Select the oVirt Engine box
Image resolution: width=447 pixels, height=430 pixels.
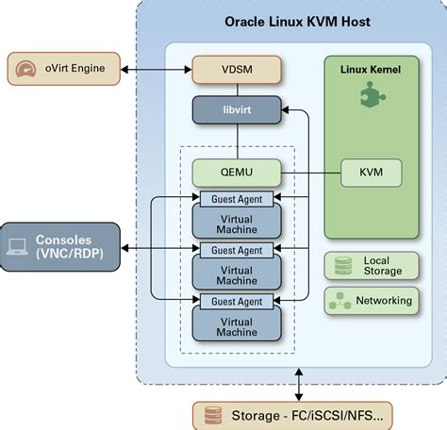click(69, 68)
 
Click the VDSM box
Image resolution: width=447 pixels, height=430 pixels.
click(237, 68)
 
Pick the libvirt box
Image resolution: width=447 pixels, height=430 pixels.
click(237, 110)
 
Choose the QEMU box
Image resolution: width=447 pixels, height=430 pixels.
click(237, 172)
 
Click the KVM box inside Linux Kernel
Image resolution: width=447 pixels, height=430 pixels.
click(371, 172)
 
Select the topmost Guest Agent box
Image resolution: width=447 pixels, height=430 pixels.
click(237, 199)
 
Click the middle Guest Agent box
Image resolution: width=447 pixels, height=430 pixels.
click(237, 250)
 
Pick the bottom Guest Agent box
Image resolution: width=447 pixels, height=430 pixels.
click(237, 301)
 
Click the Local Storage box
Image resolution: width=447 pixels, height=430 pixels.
click(371, 265)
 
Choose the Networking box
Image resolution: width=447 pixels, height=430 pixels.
click(371, 301)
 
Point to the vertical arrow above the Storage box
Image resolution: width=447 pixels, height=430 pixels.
click(299, 384)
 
